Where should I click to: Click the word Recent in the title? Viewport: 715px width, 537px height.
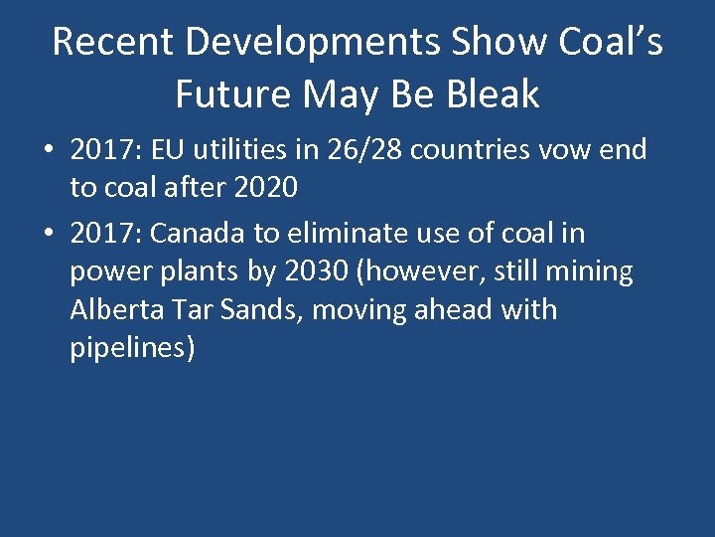point(112,42)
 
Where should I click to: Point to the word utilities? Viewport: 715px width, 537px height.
point(237,150)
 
